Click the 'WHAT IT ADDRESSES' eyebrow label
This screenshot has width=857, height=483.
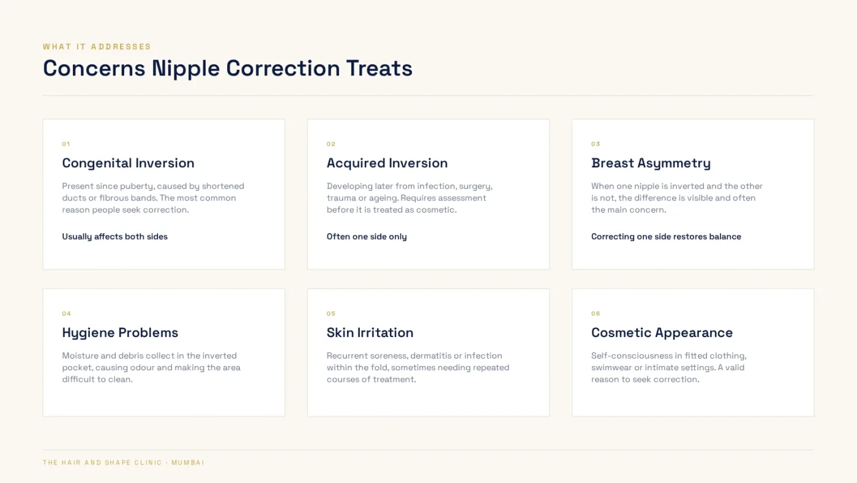point(97,47)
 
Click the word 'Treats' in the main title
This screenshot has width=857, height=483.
point(379,68)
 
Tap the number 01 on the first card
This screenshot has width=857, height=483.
point(66,144)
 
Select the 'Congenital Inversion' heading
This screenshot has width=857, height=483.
point(128,163)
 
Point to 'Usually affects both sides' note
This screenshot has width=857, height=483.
point(115,237)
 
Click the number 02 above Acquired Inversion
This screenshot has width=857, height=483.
point(331,144)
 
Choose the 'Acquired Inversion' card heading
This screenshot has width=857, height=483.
point(387,163)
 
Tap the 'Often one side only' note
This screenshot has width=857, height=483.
point(367,237)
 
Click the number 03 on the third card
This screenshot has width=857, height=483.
point(595,144)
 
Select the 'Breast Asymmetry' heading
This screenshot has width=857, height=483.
point(651,163)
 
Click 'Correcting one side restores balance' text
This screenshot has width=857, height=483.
point(666,237)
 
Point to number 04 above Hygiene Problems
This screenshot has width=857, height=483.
point(67,314)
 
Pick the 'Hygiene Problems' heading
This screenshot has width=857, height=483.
point(120,333)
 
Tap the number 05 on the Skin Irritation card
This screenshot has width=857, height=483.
point(331,314)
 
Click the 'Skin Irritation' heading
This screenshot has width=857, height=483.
point(370,333)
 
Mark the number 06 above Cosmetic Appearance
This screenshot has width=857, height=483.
point(596,314)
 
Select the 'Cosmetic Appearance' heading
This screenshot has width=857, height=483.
point(662,333)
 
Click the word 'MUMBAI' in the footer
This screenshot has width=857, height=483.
point(188,463)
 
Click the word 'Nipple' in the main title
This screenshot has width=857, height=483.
point(185,69)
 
